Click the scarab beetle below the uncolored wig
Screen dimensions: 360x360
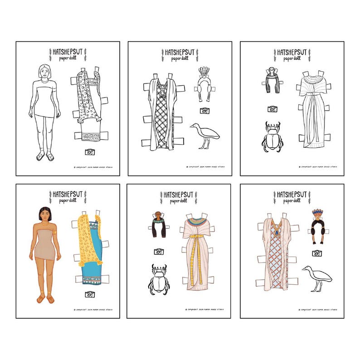coord(272,137)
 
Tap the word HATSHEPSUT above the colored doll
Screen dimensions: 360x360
coord(67,194)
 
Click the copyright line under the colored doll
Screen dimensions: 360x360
coord(93,310)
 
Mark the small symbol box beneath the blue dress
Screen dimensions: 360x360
coord(89,294)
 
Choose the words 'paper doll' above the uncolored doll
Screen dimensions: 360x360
coord(66,58)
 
